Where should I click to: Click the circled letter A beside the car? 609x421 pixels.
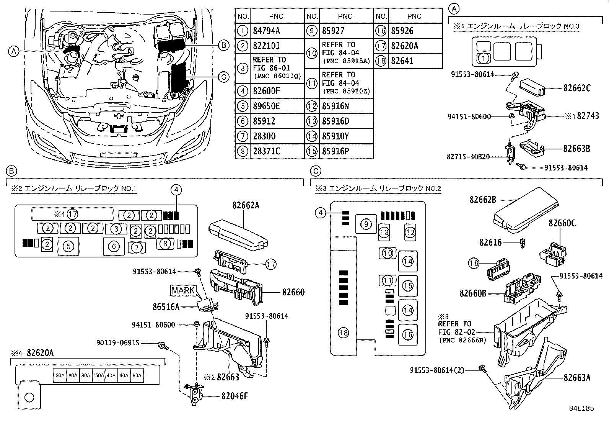pyautogui.click(x=13, y=51)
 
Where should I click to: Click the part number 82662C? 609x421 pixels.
pyautogui.click(x=576, y=88)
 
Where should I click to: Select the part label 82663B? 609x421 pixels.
pyautogui.click(x=576, y=148)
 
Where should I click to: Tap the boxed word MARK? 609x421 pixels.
pyautogui.click(x=183, y=290)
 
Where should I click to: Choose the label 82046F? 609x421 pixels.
pyautogui.click(x=234, y=396)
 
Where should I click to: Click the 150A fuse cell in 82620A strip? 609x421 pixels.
pyautogui.click(x=98, y=376)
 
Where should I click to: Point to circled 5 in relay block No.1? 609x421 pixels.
pyautogui.click(x=68, y=246)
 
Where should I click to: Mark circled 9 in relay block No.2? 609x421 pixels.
pyautogui.click(x=366, y=224)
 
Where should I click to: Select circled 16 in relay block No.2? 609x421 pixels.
pyautogui.click(x=408, y=334)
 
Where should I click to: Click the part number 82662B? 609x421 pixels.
pyautogui.click(x=483, y=200)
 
